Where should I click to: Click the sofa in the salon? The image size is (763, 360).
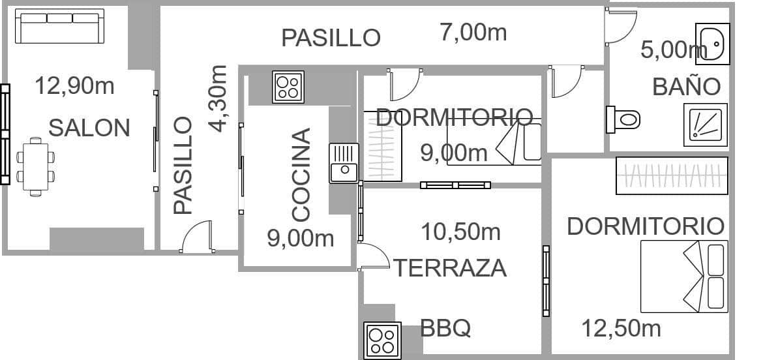pos(59,26)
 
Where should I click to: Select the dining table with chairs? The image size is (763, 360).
pos(35,167)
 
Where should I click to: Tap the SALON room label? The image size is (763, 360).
pos(89,128)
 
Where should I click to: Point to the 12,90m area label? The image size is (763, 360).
pos(74,85)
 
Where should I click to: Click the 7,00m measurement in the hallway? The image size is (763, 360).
pos(473,32)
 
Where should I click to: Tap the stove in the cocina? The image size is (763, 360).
pos(288,87)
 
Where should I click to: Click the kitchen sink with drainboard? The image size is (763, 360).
pos(343,163)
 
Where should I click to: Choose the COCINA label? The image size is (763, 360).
pos(301,175)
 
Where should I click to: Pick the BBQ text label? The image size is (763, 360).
pos(445,328)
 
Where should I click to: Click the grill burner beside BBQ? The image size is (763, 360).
pos(381,340)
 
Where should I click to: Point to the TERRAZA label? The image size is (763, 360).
pos(449,268)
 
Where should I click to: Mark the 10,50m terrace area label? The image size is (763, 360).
pos(460,231)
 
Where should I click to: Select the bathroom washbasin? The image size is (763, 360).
pos(712,44)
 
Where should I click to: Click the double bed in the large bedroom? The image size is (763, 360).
pos(684,276)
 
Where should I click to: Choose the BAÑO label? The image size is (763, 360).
pos(686,87)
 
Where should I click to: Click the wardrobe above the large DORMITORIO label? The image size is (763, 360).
pos(672,175)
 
